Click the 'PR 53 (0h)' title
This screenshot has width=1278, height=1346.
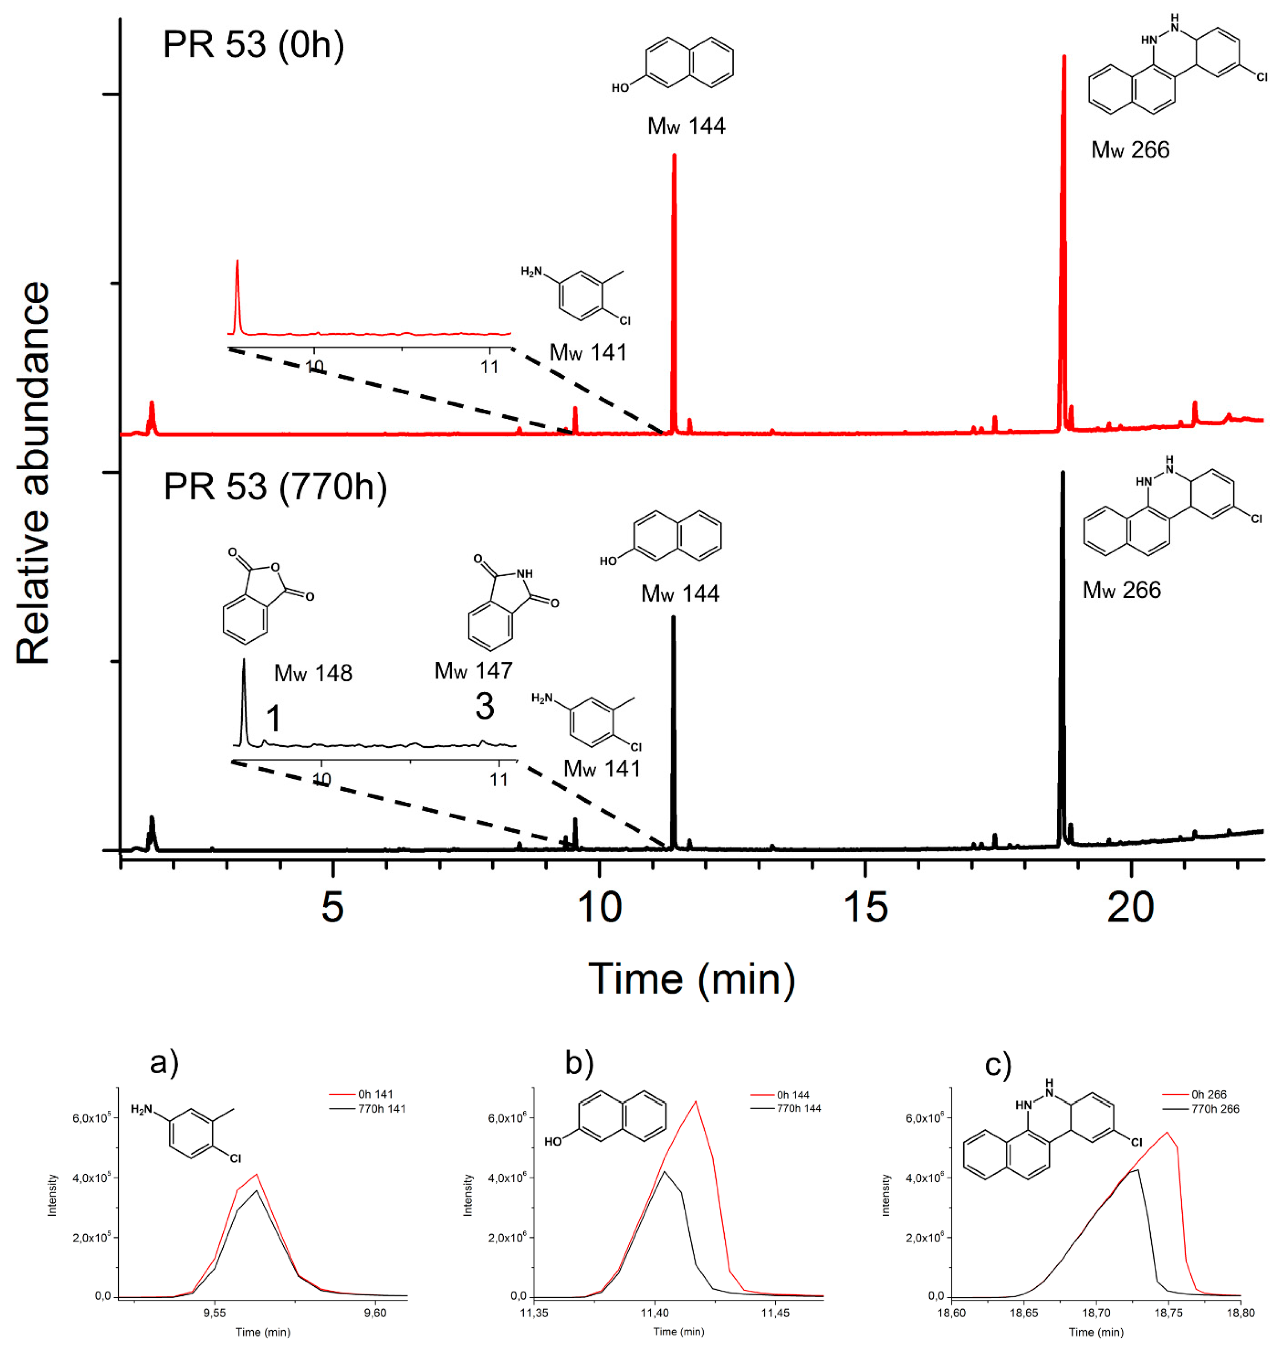(253, 45)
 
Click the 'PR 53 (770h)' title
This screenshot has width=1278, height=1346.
(275, 486)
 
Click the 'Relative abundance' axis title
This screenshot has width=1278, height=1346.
(34, 473)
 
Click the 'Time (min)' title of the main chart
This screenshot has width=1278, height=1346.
(692, 980)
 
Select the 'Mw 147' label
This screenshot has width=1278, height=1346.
(473, 671)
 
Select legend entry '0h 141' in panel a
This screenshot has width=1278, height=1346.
(375, 1094)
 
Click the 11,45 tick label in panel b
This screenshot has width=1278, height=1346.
(775, 1313)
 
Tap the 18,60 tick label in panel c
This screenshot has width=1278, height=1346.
(951, 1313)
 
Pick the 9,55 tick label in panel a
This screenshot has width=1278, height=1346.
(215, 1313)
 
